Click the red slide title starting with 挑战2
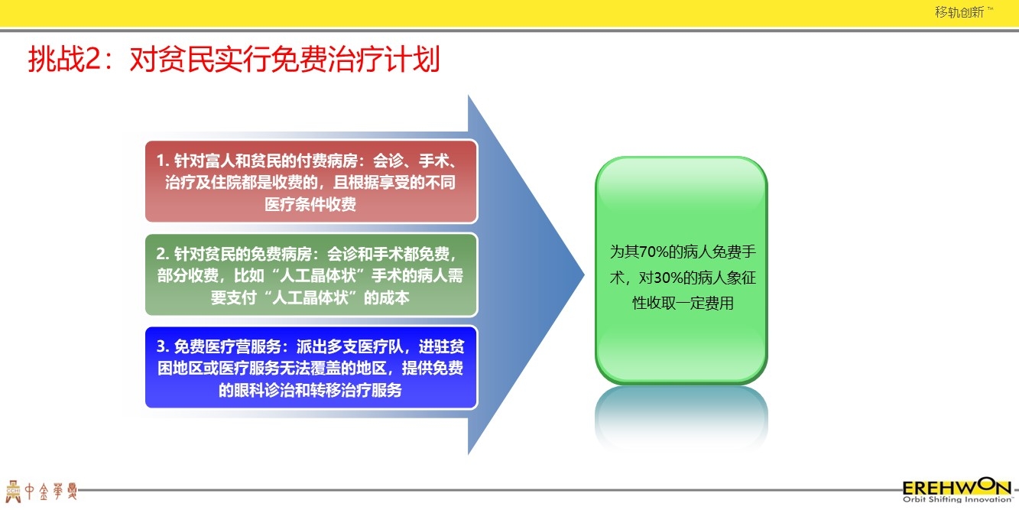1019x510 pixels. (x=234, y=59)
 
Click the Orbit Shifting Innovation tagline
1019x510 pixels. (x=958, y=499)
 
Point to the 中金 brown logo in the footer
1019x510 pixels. (x=41, y=491)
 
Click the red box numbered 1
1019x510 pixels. (x=311, y=181)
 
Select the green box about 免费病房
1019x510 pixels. (x=311, y=274)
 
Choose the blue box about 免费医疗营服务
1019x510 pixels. (x=311, y=368)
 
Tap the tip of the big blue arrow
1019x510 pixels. (x=584, y=274)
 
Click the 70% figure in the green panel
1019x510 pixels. (x=654, y=252)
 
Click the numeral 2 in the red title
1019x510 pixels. (x=92, y=60)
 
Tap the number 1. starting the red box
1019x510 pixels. (x=163, y=161)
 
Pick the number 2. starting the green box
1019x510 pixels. (x=163, y=254)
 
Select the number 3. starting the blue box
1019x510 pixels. (x=163, y=346)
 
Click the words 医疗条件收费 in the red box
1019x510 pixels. (x=310, y=204)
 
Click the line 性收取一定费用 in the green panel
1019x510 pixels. (x=683, y=303)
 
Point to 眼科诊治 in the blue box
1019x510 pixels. (x=264, y=391)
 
